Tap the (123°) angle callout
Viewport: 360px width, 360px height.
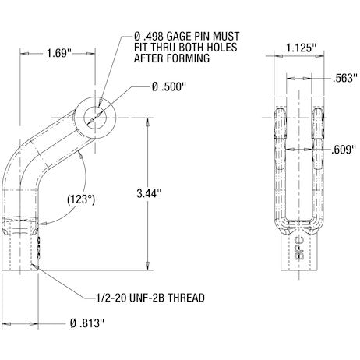(80, 199)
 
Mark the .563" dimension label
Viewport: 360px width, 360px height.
(343, 77)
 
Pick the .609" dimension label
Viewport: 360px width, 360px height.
(341, 148)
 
